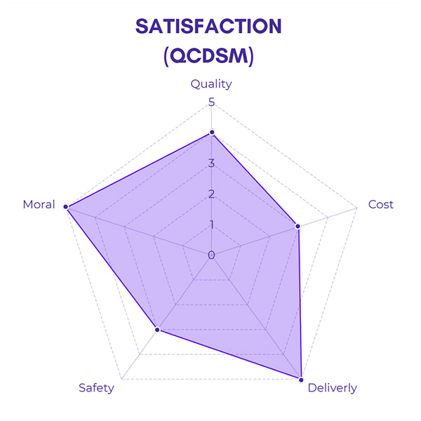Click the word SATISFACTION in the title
208,26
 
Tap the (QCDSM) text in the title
208,56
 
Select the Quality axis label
211,84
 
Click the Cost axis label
381,204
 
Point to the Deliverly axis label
332,388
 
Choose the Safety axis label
96,388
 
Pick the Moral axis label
39,204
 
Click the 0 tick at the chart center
211,255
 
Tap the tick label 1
211,225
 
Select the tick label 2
211,194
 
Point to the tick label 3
211,164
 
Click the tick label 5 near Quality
211,103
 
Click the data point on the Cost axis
298,226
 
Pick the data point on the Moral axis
66,207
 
